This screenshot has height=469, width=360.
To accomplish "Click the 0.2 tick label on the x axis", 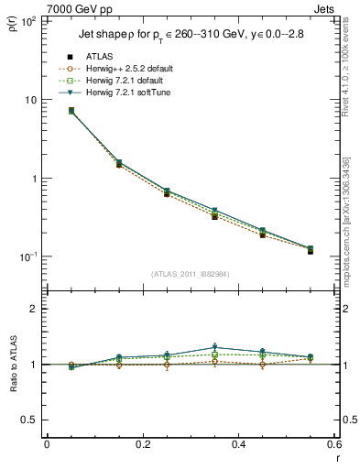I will tap(142, 444).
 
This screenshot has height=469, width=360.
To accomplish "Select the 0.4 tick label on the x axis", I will tap(238, 444).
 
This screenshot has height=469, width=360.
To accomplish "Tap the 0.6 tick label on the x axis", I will tap(333, 444).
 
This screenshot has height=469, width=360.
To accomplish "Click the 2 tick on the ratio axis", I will tap(35, 310).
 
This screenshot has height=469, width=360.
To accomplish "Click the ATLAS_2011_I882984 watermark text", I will tap(190, 274).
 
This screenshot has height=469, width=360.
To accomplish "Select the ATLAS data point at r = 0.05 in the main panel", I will tap(71, 111).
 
